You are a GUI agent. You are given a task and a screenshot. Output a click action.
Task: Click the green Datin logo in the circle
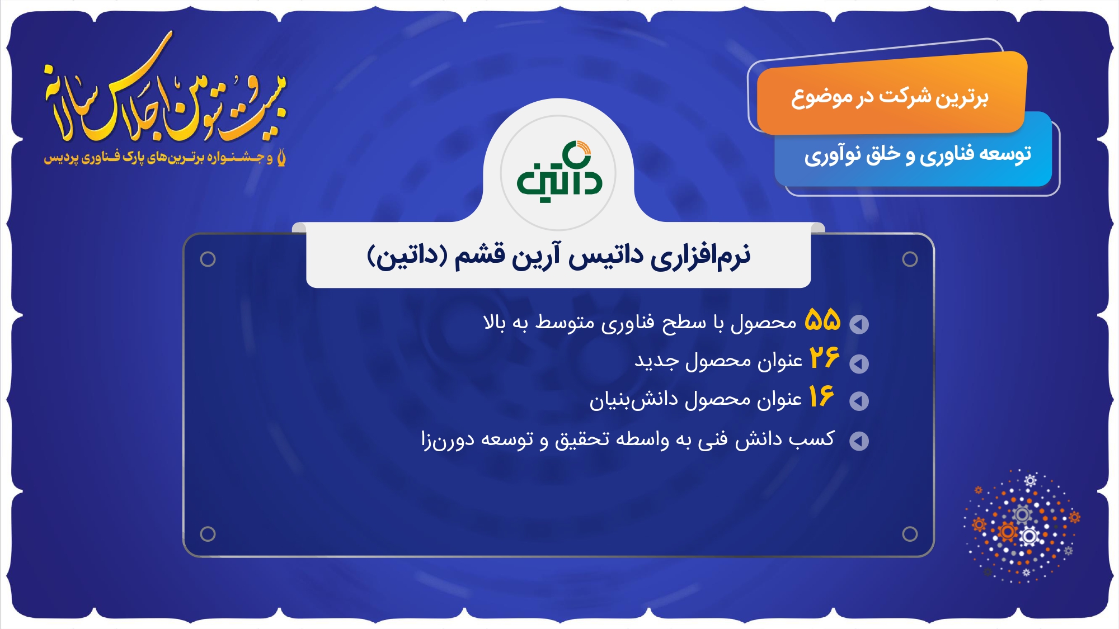point(558,172)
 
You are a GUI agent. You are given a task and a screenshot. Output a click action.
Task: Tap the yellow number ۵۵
point(822,320)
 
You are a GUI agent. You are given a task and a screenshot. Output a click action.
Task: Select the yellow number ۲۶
point(824,358)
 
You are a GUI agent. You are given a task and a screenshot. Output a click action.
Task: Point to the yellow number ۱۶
point(821,396)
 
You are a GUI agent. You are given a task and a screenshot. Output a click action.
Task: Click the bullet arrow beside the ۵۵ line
point(859,324)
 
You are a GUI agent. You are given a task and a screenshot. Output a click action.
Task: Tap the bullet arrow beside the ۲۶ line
point(859,363)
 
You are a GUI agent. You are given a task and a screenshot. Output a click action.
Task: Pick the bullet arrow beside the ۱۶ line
point(859,401)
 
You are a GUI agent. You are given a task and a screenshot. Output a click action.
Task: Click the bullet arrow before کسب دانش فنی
point(859,441)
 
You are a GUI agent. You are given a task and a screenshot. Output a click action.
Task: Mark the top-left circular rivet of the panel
point(208,259)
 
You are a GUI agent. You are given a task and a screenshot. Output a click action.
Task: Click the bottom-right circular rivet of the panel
point(910,534)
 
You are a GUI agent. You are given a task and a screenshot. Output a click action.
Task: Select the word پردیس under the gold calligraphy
point(60,158)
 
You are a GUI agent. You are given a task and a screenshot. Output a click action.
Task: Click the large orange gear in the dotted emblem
point(1008,531)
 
